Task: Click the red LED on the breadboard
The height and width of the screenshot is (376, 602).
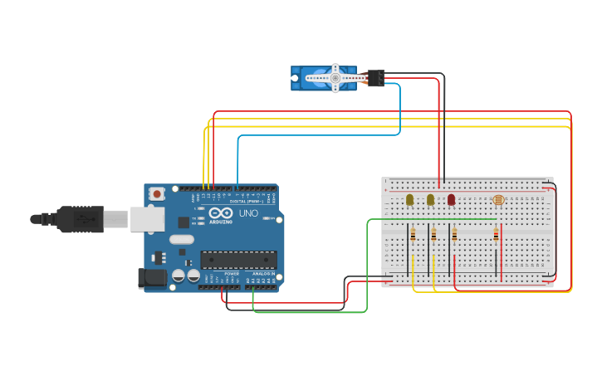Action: [451, 199]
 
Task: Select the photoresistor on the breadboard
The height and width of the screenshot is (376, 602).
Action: [498, 200]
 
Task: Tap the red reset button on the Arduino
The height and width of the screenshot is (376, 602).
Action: [157, 193]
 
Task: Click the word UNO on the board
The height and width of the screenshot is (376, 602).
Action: [248, 213]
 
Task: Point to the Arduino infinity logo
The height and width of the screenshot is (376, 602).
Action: [220, 213]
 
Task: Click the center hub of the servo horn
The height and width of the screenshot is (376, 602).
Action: [335, 78]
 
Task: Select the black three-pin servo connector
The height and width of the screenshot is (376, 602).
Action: [375, 78]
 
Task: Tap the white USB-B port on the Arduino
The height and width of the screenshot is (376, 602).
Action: [147, 219]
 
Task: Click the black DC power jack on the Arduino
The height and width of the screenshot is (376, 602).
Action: [152, 278]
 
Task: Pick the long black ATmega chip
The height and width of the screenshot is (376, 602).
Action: [238, 260]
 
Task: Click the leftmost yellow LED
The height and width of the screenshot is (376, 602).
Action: [409, 199]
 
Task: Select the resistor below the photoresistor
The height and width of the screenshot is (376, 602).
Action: [497, 236]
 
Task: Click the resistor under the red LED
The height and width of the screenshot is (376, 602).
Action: [454, 236]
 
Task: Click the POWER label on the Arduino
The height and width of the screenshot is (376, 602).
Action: [232, 273]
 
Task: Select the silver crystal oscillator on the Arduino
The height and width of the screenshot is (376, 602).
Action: [181, 240]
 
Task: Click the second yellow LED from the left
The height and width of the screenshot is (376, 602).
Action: [430, 199]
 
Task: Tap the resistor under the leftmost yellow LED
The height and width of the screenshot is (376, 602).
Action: [413, 236]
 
